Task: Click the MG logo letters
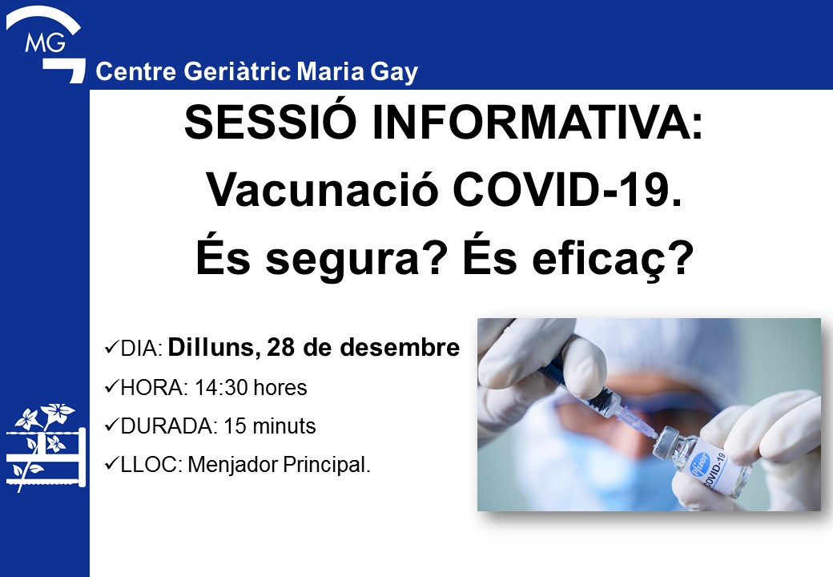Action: [x=45, y=42]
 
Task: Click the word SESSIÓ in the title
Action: [x=270, y=122]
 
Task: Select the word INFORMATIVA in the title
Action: [x=537, y=123]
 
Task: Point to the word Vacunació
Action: [x=322, y=190]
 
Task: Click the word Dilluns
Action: [x=214, y=348]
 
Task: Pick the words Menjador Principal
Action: [x=280, y=465]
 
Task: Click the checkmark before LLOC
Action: [x=111, y=464]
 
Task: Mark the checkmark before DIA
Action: [x=111, y=348]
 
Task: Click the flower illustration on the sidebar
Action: [x=46, y=446]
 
